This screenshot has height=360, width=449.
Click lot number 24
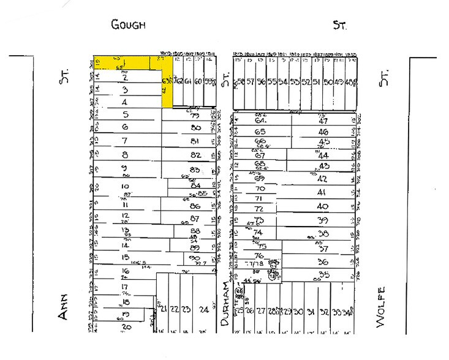[203, 309]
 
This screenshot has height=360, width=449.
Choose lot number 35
[324, 275]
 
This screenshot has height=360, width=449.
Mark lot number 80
[196, 129]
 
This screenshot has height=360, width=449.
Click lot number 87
[195, 219]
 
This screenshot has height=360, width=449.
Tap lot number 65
[260, 132]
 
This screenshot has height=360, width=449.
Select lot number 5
[125, 114]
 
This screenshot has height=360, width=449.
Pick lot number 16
[126, 271]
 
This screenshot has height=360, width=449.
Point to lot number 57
[251, 82]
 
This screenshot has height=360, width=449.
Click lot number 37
[324, 249]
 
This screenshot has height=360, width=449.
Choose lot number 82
[196, 156]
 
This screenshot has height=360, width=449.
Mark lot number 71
[258, 198]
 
